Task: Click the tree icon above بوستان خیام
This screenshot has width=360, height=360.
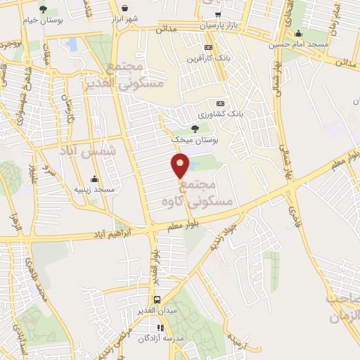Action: click(43, 9)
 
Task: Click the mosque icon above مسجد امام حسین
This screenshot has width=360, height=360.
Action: click(299, 33)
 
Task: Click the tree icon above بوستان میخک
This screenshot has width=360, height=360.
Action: click(195, 128)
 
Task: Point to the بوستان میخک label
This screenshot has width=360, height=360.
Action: click(195, 141)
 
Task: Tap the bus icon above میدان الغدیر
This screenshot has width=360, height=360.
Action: click(157, 298)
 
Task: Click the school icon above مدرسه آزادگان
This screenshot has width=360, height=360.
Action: click(160, 327)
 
